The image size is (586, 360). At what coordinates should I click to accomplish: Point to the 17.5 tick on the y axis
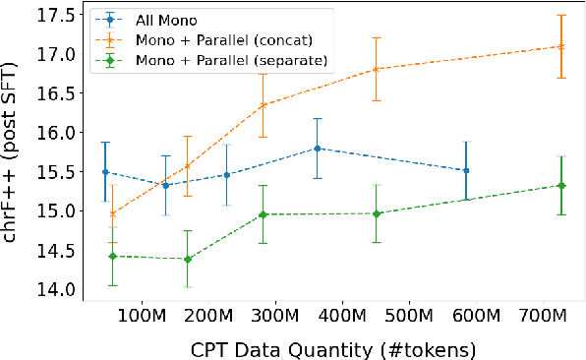(51, 15)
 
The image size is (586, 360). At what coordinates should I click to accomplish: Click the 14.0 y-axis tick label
(51, 289)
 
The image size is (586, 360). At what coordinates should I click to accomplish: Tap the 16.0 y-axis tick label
(51, 133)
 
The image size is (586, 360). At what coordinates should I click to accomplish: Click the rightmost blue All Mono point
(466, 170)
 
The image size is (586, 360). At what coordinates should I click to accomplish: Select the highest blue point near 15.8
(317, 149)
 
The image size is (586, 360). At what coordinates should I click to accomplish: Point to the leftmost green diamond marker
(112, 256)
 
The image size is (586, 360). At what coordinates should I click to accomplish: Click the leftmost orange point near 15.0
(112, 213)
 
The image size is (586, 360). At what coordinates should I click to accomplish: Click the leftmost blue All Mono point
(104, 172)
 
